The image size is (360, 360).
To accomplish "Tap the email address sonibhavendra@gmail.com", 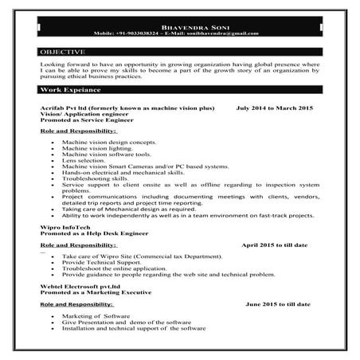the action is click(232, 34).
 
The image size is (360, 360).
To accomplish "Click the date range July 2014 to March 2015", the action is click(275, 107).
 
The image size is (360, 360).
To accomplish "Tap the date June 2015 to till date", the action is click(282, 304).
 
